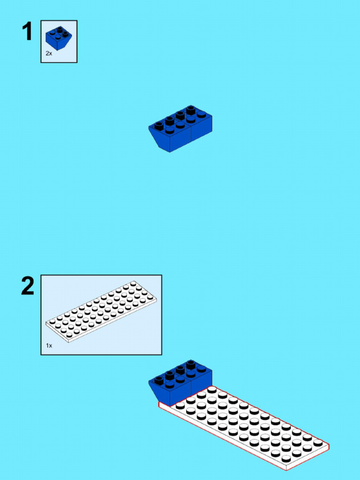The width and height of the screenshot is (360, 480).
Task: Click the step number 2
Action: pyautogui.click(x=28, y=286)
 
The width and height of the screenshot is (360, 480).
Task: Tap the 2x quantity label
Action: pyautogui.click(x=49, y=54)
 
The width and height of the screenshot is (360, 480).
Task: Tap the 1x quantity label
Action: pyautogui.click(x=49, y=345)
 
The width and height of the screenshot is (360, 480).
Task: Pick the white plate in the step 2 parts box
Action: pyautogui.click(x=101, y=311)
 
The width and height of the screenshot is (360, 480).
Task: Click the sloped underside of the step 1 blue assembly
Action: pyautogui.click(x=159, y=140)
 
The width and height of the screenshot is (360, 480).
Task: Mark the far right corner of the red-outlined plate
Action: pyautogui.click(x=329, y=445)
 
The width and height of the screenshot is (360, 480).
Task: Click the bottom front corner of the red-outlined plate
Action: pyautogui.click(x=286, y=469)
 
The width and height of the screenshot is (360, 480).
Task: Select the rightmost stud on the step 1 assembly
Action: pyautogui.click(x=201, y=114)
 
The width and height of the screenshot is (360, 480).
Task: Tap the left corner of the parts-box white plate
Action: pyautogui.click(x=46, y=323)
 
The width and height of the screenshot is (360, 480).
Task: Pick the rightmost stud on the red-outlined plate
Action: pyautogui.click(x=318, y=442)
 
